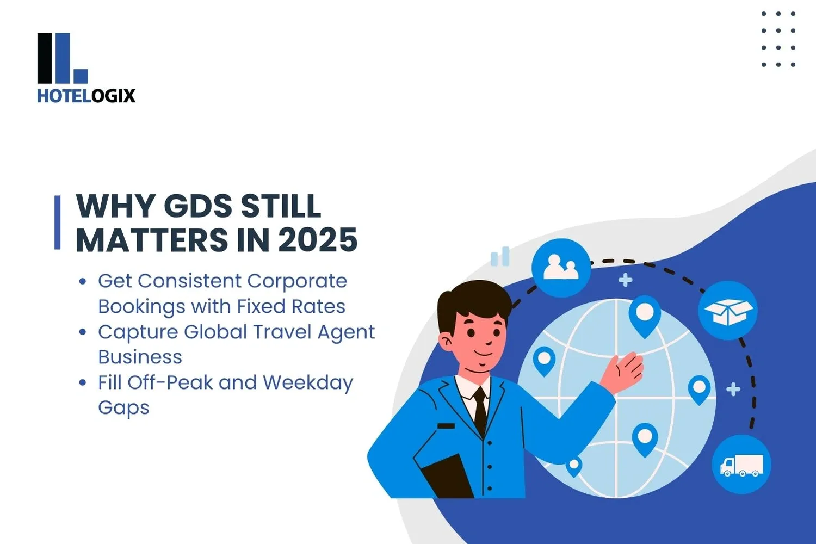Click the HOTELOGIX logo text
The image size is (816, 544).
[x=86, y=96]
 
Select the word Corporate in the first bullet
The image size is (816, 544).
[x=296, y=281]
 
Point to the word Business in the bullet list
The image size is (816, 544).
[x=140, y=357]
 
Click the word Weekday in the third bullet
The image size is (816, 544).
[x=308, y=382]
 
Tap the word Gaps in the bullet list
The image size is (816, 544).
[x=123, y=408]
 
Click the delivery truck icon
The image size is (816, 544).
[x=741, y=465]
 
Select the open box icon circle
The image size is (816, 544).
[x=728, y=311]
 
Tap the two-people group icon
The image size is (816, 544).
[x=561, y=268]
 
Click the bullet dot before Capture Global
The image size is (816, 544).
[x=83, y=332]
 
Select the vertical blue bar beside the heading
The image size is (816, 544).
[x=58, y=222]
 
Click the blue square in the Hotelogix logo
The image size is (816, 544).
[x=80, y=76]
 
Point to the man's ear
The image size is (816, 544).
[x=446, y=342]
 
